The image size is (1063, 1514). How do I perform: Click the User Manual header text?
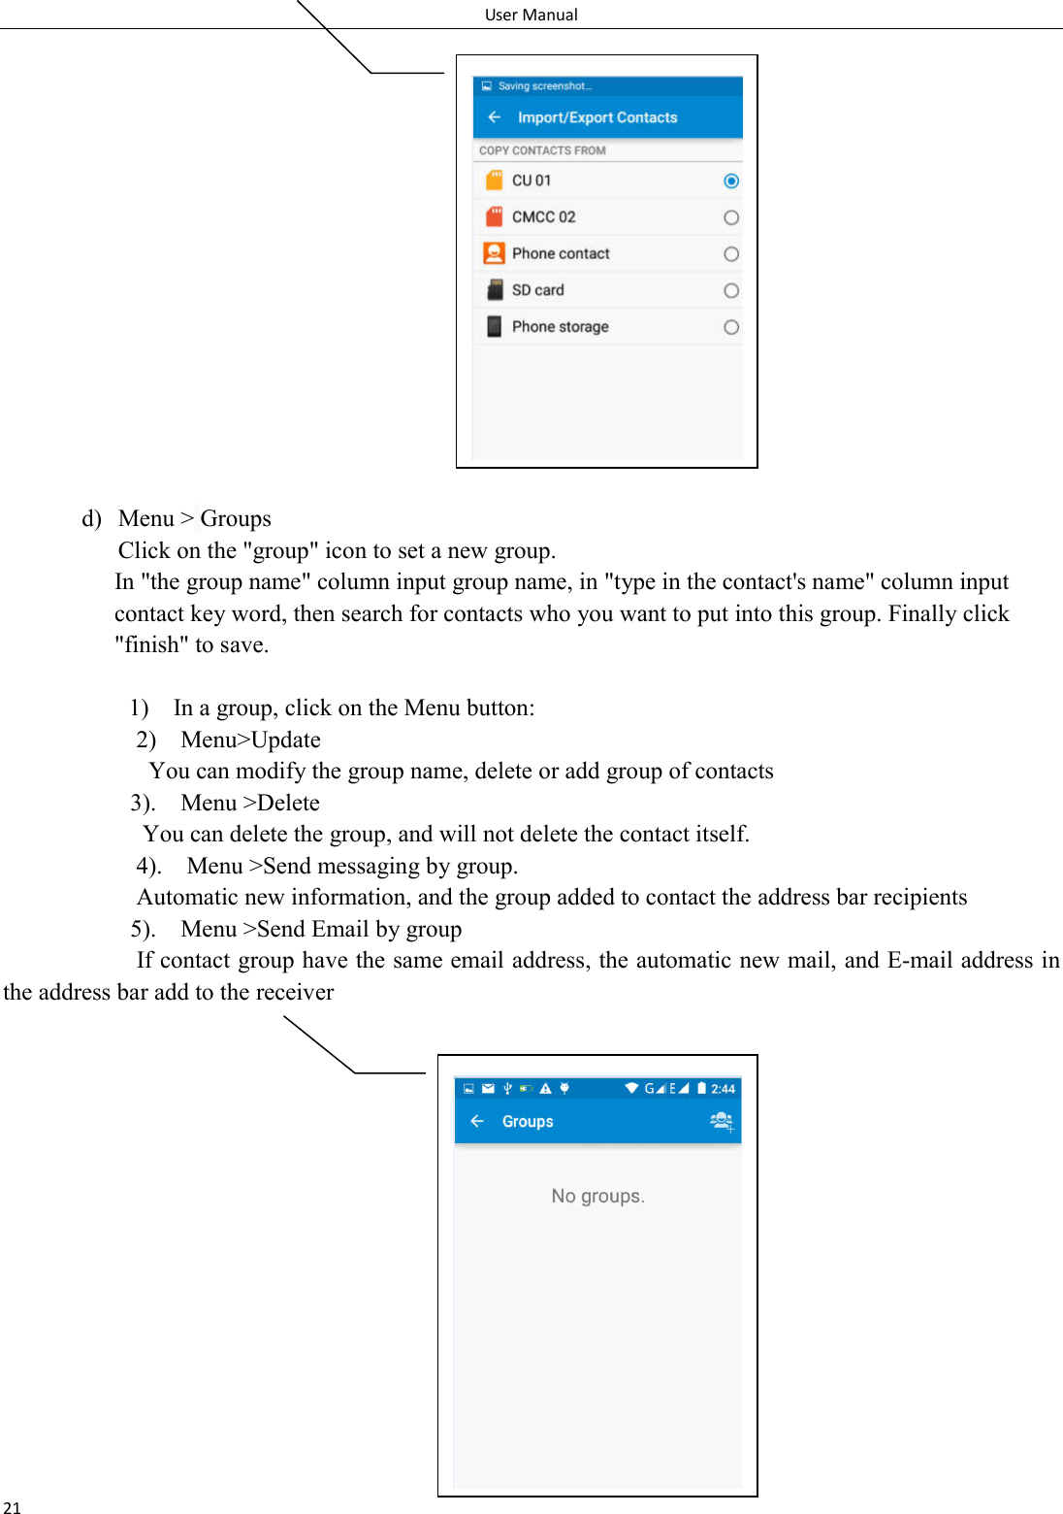point(531,15)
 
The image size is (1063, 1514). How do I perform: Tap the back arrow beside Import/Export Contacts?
point(495,117)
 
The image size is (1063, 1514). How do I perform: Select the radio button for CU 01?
point(731,181)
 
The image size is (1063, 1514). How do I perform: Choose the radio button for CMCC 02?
point(731,217)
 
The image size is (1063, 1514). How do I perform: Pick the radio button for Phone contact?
point(731,254)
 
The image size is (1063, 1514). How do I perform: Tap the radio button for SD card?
point(731,291)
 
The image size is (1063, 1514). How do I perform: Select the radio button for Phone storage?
point(731,328)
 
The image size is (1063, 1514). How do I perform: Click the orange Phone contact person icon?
point(494,253)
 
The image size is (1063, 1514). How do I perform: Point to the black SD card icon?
point(495,290)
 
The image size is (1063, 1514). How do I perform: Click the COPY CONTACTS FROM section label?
point(542,150)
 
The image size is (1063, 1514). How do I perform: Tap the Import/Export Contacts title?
point(597,117)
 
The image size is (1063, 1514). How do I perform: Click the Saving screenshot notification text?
point(544,86)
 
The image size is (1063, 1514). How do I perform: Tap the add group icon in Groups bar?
point(722,1121)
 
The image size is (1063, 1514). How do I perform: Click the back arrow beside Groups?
point(477,1121)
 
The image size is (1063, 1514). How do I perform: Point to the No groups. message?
point(597,1196)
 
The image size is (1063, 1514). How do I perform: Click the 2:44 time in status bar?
point(723,1089)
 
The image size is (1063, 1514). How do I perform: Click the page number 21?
point(12,1507)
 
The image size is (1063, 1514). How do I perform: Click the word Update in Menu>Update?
point(285,740)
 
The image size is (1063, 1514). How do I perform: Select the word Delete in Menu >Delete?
point(288,803)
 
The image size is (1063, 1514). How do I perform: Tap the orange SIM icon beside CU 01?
point(494,181)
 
